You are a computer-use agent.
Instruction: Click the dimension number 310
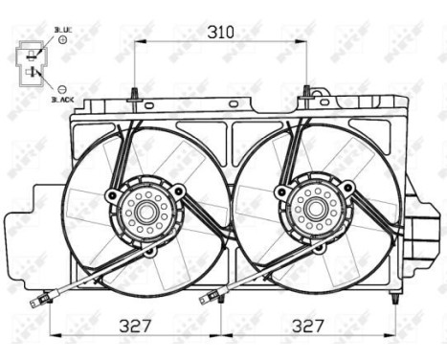pos(221,31)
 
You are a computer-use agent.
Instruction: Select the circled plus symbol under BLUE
pos(62,41)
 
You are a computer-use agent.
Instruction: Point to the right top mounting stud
pos(306,93)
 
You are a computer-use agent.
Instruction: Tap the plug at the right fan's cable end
pos(205,299)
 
